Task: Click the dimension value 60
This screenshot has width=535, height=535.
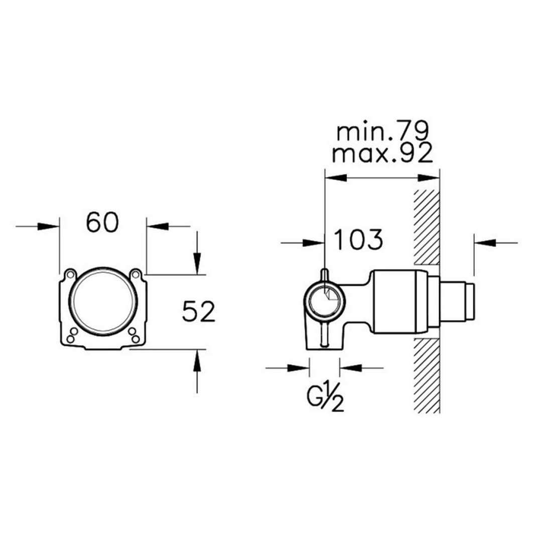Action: (x=102, y=222)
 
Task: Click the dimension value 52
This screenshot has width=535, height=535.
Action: (x=198, y=312)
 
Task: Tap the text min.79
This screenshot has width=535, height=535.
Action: (x=382, y=131)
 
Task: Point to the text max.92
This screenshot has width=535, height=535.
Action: (x=382, y=154)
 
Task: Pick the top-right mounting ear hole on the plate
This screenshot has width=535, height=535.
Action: (x=135, y=274)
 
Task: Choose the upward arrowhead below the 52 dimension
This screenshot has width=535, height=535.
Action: (x=198, y=362)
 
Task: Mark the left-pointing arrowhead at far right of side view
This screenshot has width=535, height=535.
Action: (x=484, y=243)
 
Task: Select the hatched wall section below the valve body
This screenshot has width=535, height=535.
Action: (x=427, y=374)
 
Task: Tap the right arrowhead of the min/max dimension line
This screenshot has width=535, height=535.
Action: (x=429, y=177)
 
